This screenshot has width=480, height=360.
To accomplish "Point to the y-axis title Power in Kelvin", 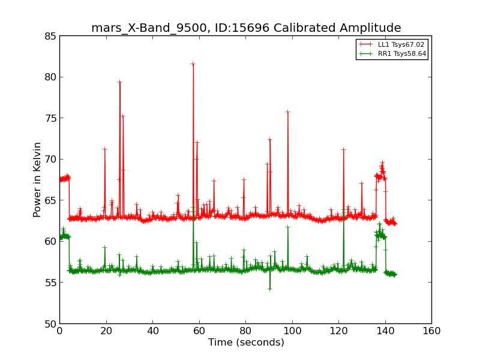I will (37, 179).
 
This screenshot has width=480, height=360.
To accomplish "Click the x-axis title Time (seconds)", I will (246, 343).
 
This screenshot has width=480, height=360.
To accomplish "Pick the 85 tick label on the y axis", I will (50, 36).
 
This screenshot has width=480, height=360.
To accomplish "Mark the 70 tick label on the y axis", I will (50, 159).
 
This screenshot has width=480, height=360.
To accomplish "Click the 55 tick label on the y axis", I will (50, 283).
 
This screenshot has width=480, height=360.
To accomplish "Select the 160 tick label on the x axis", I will (431, 331).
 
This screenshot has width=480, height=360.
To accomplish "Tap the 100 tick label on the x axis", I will (292, 331).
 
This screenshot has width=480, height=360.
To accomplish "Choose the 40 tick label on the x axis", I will (152, 331).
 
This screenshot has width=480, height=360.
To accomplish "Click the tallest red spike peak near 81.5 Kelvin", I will (193, 64).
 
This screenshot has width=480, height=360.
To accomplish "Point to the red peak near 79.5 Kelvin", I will (119, 82).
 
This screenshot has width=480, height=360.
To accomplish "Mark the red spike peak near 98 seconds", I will (287, 112).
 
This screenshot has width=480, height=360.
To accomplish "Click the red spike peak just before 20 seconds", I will (104, 149).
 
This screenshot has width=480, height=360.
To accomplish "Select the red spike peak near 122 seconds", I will (343, 149).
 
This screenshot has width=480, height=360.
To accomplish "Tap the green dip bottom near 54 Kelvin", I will (269, 289).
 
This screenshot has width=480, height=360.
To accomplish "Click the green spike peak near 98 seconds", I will (287, 226).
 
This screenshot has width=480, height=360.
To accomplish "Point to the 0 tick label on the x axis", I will (59, 331).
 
